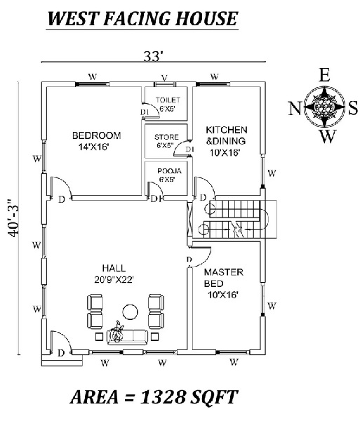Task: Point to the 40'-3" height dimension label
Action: click(11, 220)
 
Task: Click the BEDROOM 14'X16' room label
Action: click(97, 140)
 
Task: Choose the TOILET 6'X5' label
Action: click(168, 105)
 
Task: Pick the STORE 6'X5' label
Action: click(167, 141)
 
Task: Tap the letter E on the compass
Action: click(324, 76)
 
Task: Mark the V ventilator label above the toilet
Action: click(164, 77)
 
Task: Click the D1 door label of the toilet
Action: click(145, 112)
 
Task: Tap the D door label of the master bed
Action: click(189, 260)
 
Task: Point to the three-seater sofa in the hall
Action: click(128, 336)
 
